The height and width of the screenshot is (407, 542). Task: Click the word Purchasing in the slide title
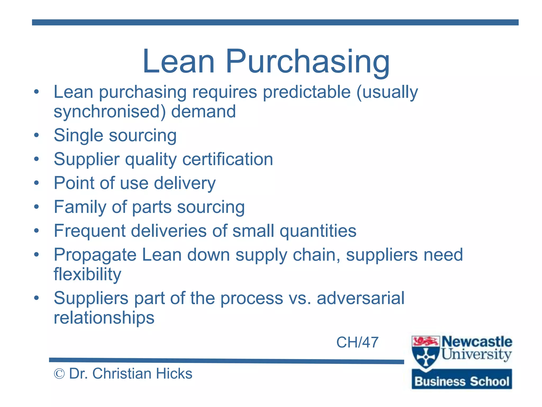point(308,61)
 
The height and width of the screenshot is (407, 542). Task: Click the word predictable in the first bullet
point(307,92)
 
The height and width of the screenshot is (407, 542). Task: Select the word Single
point(78,135)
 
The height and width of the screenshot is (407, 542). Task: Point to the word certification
point(228,159)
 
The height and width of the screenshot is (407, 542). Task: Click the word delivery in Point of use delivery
point(185,183)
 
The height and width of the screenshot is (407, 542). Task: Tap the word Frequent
point(89,231)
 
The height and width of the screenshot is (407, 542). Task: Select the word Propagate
point(95,255)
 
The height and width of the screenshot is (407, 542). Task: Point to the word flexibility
point(87,274)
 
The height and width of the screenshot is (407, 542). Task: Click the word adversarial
point(360,298)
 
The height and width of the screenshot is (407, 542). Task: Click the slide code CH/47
point(357,342)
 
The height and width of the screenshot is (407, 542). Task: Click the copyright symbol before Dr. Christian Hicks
point(59,374)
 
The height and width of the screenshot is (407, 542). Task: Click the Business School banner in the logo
point(462,381)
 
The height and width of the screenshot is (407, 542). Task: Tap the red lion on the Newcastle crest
point(425,341)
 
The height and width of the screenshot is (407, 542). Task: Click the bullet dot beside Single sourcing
point(37,135)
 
